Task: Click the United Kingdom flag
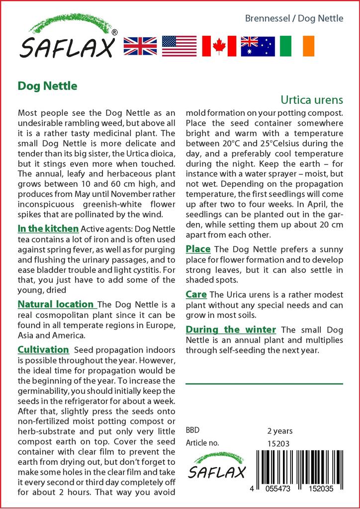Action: click(140, 46)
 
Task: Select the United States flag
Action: click(179, 46)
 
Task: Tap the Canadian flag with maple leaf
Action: click(219, 46)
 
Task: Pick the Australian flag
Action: click(258, 46)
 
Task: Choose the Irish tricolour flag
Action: click(297, 46)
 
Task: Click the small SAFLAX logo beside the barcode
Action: click(217, 466)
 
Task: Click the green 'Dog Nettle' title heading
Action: click(47, 85)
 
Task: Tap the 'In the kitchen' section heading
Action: click(48, 229)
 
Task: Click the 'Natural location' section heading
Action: click(57, 304)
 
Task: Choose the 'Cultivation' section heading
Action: click(43, 349)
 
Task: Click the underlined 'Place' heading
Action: click(198, 249)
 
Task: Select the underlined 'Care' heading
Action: click(196, 294)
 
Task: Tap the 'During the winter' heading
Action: click(231, 329)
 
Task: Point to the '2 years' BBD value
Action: click(280, 431)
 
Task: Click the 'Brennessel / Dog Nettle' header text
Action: click(294, 18)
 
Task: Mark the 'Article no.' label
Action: click(202, 443)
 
